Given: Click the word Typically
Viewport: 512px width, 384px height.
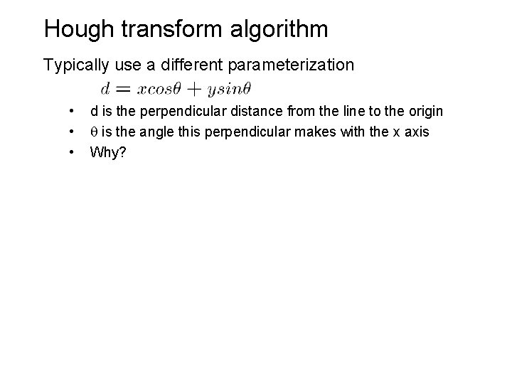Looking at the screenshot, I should click(75, 65).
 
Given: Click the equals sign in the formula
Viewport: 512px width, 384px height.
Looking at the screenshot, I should click(124, 89).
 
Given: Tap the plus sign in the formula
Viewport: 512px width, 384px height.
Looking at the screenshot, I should click(194, 89).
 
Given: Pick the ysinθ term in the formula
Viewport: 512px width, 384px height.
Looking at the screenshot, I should click(227, 89).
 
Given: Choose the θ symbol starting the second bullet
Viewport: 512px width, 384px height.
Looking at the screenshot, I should click(93, 132).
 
